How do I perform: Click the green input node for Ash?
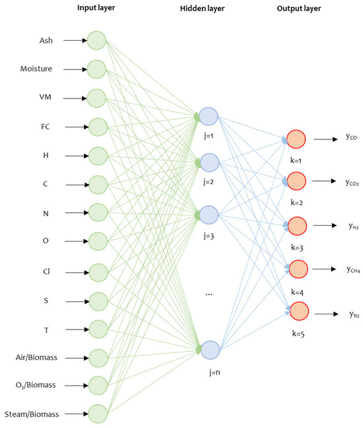97,40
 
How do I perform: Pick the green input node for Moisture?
97,69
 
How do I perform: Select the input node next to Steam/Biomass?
97,414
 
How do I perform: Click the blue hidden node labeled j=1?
209,117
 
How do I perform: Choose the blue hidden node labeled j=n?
209,349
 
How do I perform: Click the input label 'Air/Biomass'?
38,357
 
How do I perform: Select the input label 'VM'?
46,98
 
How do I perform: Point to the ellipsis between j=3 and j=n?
209,292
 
